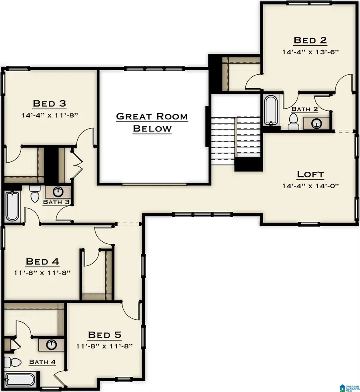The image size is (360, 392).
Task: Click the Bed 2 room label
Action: tap(310, 40)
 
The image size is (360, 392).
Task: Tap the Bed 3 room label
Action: tap(49, 104)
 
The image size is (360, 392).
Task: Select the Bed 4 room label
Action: tap(42, 262)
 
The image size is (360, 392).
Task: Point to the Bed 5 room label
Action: tap(104, 335)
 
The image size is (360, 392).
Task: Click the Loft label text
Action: tap(310, 174)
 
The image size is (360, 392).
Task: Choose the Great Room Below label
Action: tap(152, 122)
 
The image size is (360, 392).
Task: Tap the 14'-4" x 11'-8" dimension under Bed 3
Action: tap(49, 115)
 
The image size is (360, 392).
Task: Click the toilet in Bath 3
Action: tap(34, 194)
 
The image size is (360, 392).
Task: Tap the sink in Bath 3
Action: tap(58, 191)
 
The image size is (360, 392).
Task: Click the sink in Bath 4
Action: tap(51, 344)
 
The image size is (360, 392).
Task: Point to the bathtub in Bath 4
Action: tap(20, 380)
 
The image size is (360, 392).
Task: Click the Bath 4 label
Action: tap(42, 362)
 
